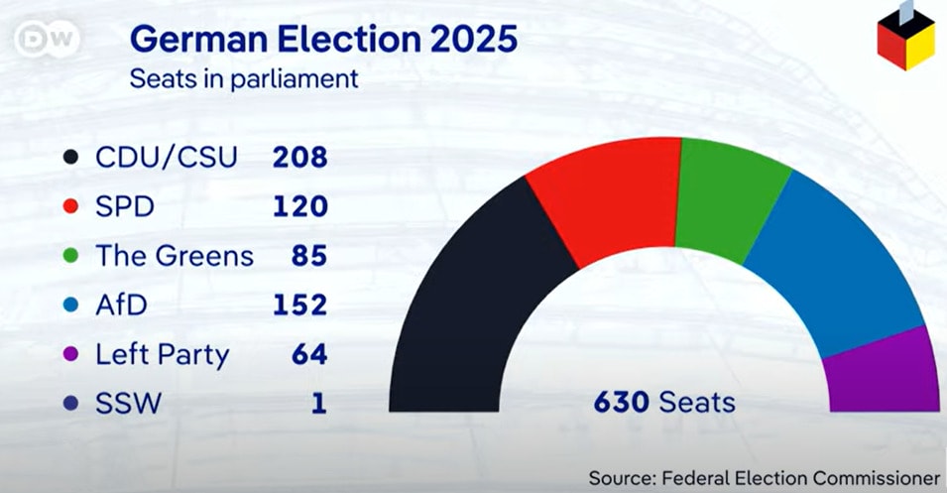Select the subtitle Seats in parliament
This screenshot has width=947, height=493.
[243, 79]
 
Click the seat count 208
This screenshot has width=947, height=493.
[299, 157]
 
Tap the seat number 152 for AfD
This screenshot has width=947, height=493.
[299, 305]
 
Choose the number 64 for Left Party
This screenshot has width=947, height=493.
[308, 354]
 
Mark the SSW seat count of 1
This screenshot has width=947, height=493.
[317, 404]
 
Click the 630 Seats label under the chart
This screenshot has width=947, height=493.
[664, 403]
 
